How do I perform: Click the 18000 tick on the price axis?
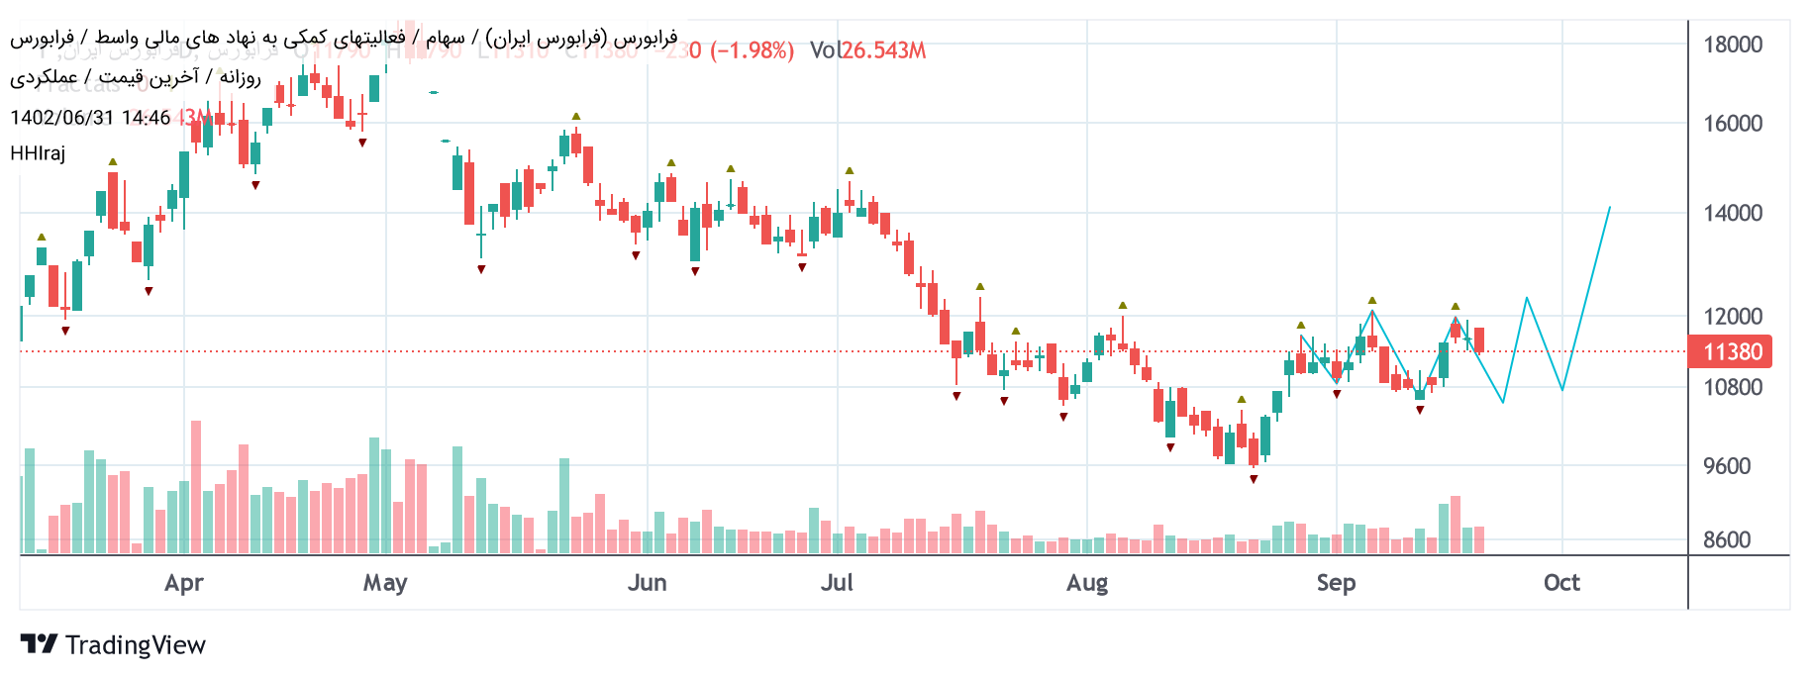[x=1732, y=45]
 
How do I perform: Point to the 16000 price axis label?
[x=1732, y=124]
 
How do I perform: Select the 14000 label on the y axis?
[x=1732, y=213]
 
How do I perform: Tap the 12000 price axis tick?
[x=1732, y=317]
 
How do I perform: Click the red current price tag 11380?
[x=1731, y=351]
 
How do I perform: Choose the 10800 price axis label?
[x=1732, y=387]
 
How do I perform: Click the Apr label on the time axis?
[x=184, y=583]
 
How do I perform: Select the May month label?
[x=385, y=583]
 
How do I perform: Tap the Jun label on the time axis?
[x=647, y=583]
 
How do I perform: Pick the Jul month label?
[x=837, y=583]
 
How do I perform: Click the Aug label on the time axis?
[x=1087, y=583]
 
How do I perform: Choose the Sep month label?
[x=1336, y=583]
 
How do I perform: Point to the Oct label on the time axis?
[x=1561, y=583]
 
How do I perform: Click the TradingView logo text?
[x=135, y=645]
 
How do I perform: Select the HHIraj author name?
[x=38, y=153]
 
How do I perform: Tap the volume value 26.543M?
[x=883, y=50]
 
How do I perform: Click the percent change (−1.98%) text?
[x=753, y=50]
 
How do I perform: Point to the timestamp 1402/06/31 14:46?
[x=90, y=118]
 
